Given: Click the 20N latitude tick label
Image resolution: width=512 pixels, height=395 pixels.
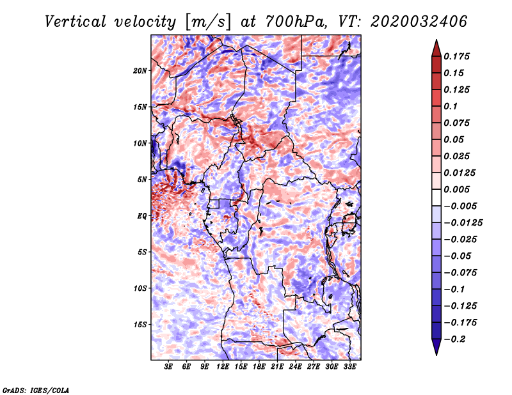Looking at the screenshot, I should (141, 70).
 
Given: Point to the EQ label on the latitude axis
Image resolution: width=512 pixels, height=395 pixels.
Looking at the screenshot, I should (142, 216).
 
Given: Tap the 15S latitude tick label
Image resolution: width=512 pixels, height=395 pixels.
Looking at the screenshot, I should (141, 325).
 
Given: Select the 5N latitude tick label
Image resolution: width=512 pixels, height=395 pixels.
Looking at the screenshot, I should (143, 180).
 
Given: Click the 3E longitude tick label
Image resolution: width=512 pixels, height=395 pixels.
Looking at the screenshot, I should (169, 367).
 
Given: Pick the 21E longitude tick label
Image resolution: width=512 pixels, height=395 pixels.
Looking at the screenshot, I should (277, 367).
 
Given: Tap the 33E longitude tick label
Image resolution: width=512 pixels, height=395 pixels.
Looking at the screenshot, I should (349, 367).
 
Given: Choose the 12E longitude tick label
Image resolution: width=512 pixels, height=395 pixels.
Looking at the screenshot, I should (223, 367).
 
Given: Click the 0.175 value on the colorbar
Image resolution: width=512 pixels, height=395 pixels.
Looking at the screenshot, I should (458, 56).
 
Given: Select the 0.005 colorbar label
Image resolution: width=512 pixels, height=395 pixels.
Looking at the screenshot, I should (458, 189).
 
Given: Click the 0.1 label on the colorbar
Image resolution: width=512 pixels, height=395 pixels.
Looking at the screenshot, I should (451, 106).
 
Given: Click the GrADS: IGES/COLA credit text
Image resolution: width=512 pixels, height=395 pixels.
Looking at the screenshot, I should (36, 389).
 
